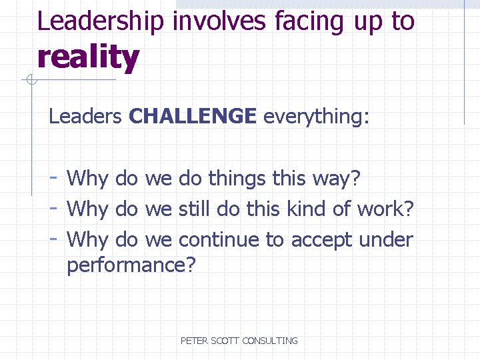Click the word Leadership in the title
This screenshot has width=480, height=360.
[101, 21]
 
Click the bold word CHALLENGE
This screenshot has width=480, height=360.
[193, 117]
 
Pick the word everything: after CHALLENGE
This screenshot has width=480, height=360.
[316, 117]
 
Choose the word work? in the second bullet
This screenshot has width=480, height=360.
[386, 209]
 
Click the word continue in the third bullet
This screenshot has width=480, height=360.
[222, 239]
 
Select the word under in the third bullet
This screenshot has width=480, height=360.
[389, 239]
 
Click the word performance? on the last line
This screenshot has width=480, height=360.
[131, 266]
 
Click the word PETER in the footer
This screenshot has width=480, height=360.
[195, 341]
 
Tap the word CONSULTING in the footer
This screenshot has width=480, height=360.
[270, 341]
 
